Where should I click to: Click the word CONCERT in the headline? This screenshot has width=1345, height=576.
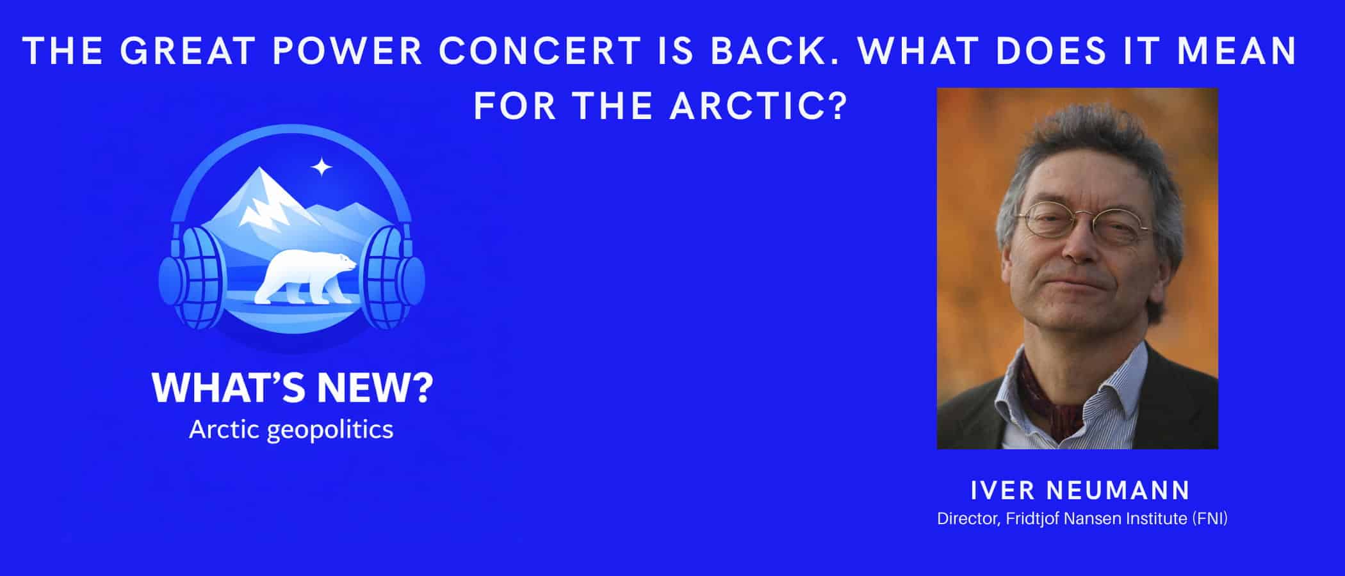tap(539, 51)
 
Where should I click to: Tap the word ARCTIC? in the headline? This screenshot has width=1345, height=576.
tap(758, 106)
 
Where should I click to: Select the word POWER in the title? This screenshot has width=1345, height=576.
tap(347, 51)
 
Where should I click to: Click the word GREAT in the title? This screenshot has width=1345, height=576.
tap(188, 51)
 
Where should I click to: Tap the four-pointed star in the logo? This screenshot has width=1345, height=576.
tap(322, 168)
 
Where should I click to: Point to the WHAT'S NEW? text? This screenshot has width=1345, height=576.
tap(292, 387)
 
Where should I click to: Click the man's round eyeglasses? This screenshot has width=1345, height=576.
tap(1082, 221)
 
